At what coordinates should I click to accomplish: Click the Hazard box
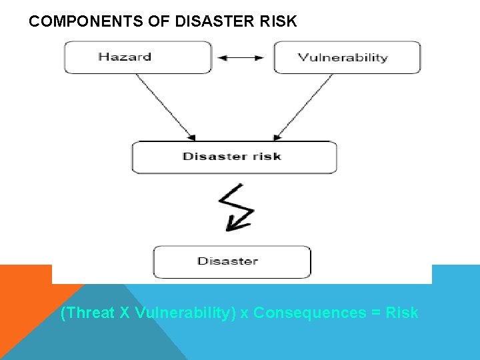137,57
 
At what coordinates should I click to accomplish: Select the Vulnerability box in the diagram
347,57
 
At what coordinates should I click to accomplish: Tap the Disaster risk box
234,157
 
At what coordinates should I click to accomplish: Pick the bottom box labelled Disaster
232,261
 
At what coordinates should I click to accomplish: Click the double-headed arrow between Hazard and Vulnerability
241,58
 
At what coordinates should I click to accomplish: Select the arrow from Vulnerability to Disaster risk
304,107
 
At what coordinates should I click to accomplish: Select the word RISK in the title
280,21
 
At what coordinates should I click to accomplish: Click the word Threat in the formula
88,313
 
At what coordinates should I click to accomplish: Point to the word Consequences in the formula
309,313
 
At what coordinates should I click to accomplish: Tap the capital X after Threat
125,313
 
